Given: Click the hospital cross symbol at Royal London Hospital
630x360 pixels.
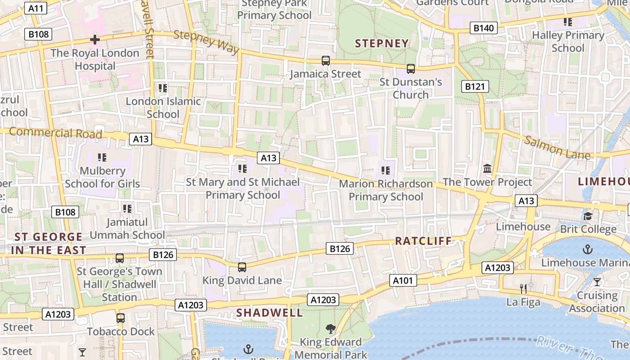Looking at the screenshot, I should [x=94, y=40].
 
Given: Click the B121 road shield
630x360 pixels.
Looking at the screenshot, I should [x=475, y=86].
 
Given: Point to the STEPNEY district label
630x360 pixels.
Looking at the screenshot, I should [x=382, y=44].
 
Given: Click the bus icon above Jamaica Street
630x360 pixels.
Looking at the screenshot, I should [x=325, y=61].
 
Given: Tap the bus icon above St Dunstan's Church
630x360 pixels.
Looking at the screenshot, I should [x=410, y=69].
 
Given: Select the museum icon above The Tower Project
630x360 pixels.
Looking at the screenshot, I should [x=487, y=169].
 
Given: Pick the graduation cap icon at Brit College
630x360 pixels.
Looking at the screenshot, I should [x=588, y=216].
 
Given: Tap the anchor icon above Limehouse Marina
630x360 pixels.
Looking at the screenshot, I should [x=587, y=249].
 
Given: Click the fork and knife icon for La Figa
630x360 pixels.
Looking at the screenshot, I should [x=523, y=289].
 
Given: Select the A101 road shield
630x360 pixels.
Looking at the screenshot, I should [x=403, y=281].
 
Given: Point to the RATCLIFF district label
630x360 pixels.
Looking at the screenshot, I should [x=423, y=241].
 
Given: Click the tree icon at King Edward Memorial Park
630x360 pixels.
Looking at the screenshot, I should [x=331, y=329].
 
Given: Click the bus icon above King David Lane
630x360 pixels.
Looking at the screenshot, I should [x=242, y=267].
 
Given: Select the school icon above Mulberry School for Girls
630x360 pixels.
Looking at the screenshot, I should [x=102, y=157].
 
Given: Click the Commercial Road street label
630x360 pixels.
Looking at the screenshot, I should [x=55, y=133].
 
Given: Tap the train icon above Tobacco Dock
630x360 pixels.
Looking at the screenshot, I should [x=120, y=318].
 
